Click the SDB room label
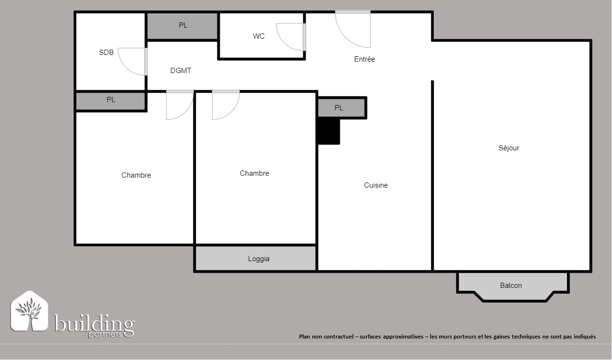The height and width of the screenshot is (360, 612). coord(106,53)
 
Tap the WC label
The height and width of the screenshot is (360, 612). coord(259,36)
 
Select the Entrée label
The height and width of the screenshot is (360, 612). coord(365,59)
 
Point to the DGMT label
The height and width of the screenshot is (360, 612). coord(181,71)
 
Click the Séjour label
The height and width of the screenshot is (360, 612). coord(509,148)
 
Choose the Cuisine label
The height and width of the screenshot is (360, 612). coord(376,185)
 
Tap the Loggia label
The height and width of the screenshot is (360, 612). coord(259,259)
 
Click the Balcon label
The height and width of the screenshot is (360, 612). coord(511,286)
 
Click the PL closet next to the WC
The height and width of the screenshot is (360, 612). coord(183,26)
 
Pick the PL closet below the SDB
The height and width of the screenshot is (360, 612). coord(110,101)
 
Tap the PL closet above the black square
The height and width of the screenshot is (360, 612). coord(342,108)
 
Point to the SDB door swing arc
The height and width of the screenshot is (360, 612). coord(125,67)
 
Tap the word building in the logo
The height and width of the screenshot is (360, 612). coord(94,324)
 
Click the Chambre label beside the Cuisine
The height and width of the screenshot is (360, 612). coord(254,173)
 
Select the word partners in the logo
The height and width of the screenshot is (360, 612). coord(105,335)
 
